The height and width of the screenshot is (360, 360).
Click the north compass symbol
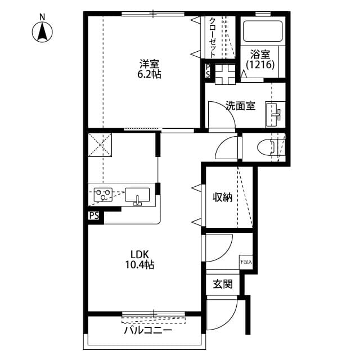click(42, 30)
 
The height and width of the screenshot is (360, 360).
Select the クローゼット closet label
click(213, 37)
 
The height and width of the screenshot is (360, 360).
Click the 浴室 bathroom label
click(260, 55)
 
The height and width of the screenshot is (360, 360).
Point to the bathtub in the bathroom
click(262, 31)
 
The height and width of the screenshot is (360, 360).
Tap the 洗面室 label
click(241, 105)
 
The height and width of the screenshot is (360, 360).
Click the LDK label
click(139, 254)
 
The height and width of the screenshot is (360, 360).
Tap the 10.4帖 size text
click(139, 264)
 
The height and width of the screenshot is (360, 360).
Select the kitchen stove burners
click(102, 195)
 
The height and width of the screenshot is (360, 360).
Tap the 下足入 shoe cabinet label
click(246, 262)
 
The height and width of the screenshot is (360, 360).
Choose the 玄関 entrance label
click(222, 284)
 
